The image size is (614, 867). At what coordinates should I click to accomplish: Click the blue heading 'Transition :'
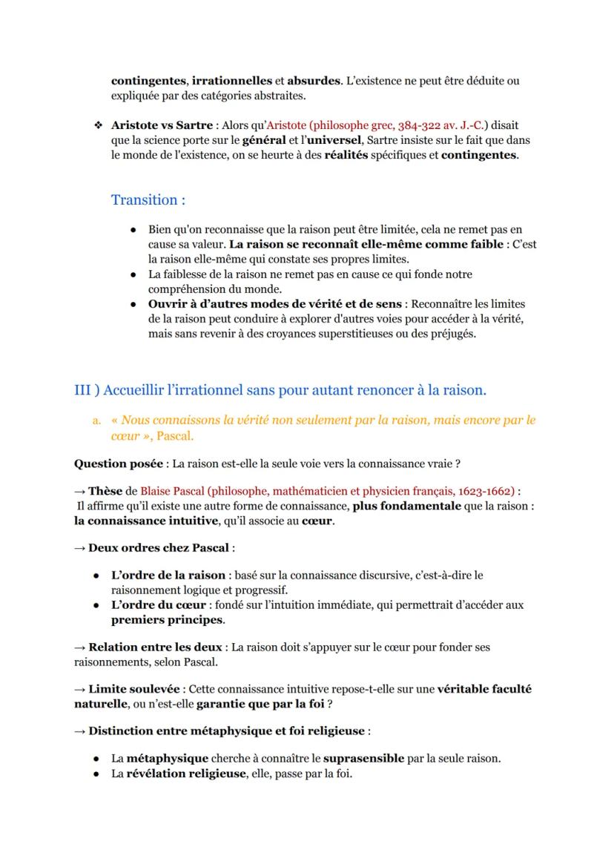(x=148, y=200)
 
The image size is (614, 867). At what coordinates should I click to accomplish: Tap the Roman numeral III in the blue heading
(x=83, y=390)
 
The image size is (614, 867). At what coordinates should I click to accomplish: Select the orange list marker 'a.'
(x=96, y=421)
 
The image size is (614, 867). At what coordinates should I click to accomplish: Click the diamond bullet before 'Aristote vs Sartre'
(x=97, y=125)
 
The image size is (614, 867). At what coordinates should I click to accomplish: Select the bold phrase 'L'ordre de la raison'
(x=168, y=576)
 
